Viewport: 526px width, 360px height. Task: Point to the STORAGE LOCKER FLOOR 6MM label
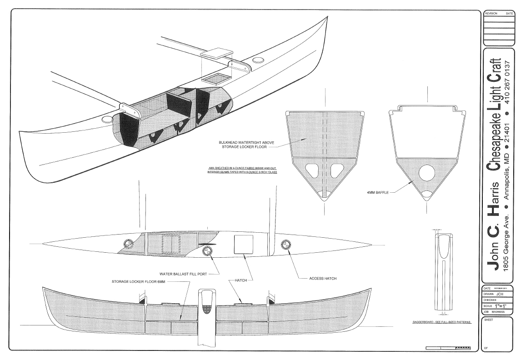[x=143, y=281]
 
